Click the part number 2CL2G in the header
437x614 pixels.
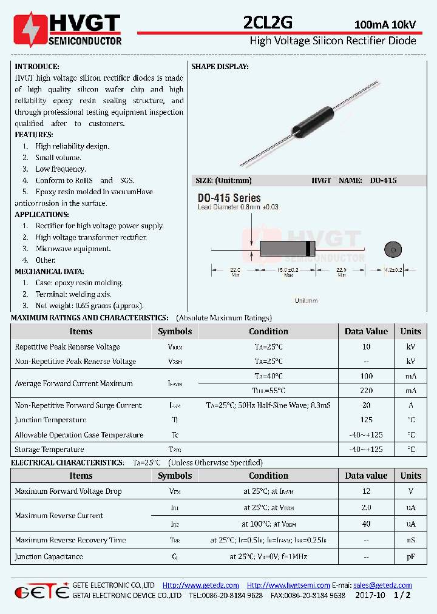[x=267, y=23]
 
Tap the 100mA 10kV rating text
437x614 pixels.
[x=385, y=25]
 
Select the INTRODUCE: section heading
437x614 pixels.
[x=37, y=67]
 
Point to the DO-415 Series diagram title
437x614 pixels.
[x=229, y=198]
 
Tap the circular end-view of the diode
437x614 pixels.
[x=393, y=249]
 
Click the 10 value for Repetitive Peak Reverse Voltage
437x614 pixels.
[x=366, y=347]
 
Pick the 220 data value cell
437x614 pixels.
[x=366, y=391]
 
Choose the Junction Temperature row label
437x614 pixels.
[x=50, y=420]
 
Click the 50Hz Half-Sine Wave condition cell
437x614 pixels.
[x=268, y=405]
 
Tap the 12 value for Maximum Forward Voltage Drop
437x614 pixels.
[x=366, y=491]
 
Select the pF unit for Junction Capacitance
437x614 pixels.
[x=410, y=556]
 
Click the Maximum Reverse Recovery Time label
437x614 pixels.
[x=70, y=540]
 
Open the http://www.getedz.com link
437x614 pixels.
[x=201, y=585]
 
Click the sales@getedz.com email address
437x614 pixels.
[x=382, y=585]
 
